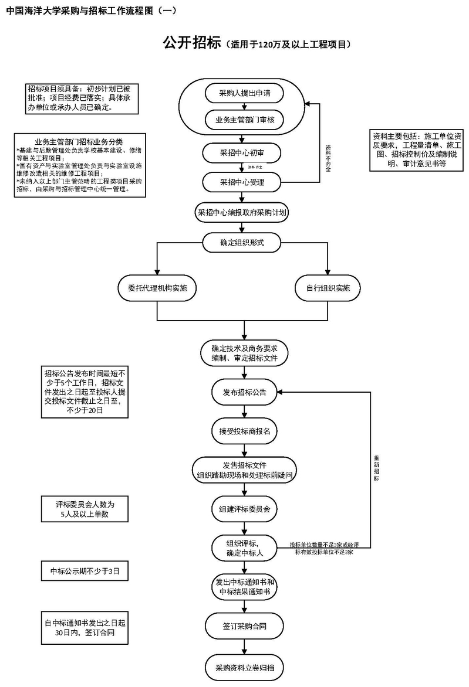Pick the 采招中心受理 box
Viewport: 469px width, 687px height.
pyautogui.click(x=242, y=182)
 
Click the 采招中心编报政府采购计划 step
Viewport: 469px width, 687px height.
pyautogui.click(x=242, y=213)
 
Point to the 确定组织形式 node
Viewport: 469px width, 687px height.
pyautogui.click(x=242, y=243)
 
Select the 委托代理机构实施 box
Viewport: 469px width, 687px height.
pyautogui.click(x=157, y=288)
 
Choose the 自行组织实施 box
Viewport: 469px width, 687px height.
pyautogui.click(x=327, y=288)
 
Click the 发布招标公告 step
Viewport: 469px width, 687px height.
pyautogui.click(x=244, y=392)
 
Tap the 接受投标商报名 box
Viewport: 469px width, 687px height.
pyautogui.click(x=244, y=431)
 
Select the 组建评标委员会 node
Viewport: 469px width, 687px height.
pyautogui.click(x=244, y=509)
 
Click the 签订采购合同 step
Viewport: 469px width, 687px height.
pyautogui.click(x=244, y=626)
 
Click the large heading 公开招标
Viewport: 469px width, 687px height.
pyautogui.click(x=191, y=43)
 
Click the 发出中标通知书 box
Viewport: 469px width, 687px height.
pyautogui.click(x=244, y=587)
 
